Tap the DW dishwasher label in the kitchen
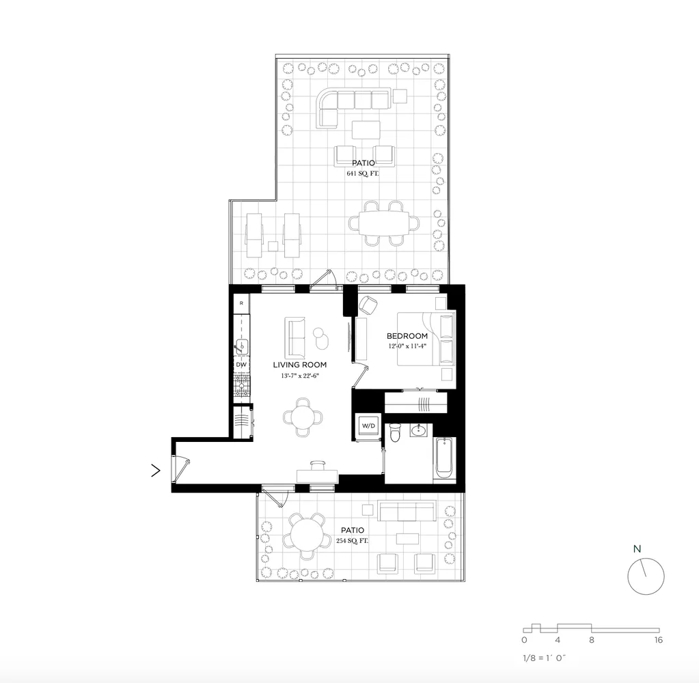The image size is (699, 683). click(241, 365)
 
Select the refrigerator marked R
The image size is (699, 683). click(241, 303)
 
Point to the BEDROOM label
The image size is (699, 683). click(407, 336)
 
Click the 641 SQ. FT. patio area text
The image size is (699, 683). click(362, 174)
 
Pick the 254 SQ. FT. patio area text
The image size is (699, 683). click(352, 541)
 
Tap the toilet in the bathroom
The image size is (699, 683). click(394, 434)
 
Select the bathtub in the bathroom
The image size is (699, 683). click(442, 459)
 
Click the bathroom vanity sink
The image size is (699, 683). click(418, 430)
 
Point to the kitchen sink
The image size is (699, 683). click(241, 346)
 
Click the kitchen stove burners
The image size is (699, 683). click(241, 387)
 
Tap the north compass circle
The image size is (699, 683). click(646, 576)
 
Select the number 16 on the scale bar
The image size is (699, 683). click(658, 640)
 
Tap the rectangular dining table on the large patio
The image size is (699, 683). click(379, 223)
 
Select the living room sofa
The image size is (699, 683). click(295, 337)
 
